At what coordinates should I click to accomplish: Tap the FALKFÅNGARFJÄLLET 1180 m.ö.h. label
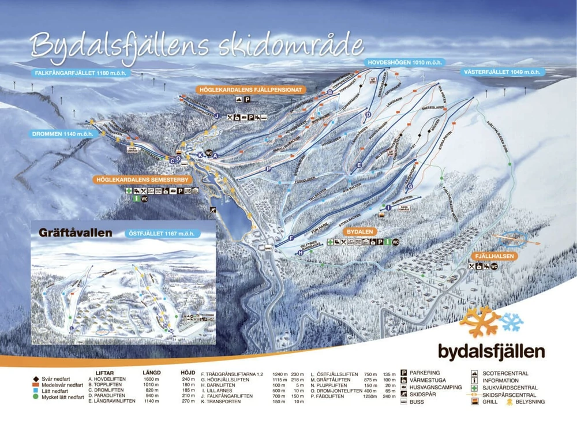point(80,73)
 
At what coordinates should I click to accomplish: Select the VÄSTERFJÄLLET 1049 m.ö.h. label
point(501,72)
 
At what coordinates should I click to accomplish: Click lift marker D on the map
point(368,115)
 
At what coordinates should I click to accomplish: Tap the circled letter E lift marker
point(359,166)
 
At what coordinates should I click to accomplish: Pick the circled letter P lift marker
point(269,168)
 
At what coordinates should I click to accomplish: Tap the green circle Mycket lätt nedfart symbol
point(36,397)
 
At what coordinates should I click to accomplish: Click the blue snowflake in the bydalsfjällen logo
point(511,321)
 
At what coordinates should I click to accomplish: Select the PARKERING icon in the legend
point(404,373)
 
